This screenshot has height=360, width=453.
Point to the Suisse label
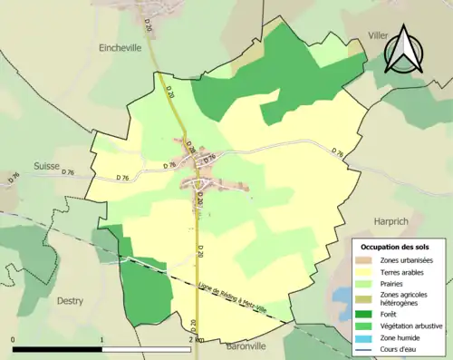point(47,166)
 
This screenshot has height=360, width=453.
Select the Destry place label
point(70,300)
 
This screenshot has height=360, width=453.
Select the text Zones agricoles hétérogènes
point(405,298)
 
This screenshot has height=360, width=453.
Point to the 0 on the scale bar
point(13,339)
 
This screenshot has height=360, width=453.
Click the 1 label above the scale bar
point(101,339)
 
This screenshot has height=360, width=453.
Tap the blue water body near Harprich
point(341,296)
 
